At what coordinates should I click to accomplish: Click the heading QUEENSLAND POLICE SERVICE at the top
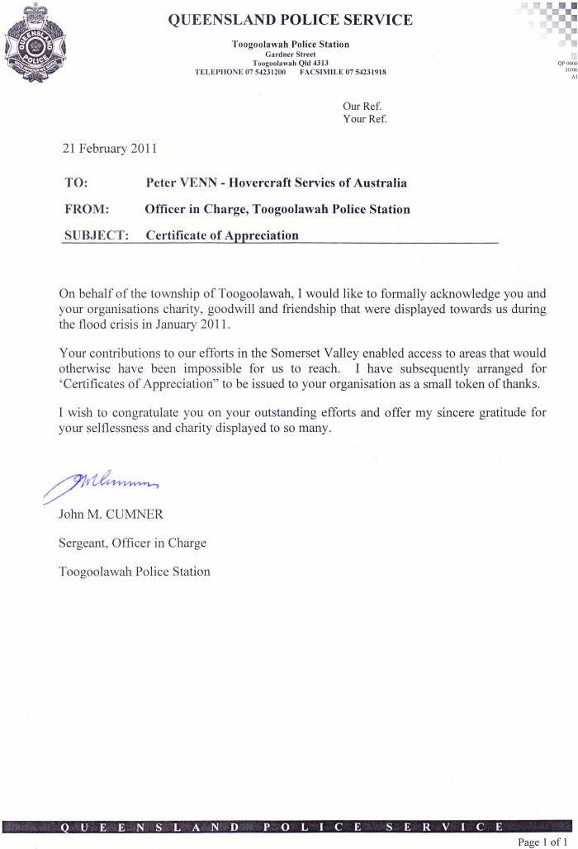(290, 21)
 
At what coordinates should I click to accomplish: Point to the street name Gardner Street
(290, 54)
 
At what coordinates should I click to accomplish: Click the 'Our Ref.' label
(362, 106)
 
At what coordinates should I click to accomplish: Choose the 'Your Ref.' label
(364, 119)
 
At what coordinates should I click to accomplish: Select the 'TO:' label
(76, 183)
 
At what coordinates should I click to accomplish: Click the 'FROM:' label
(86, 209)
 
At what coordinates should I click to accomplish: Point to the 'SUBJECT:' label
(96, 235)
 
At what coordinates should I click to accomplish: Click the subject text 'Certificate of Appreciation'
(222, 235)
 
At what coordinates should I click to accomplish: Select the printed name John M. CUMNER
(111, 514)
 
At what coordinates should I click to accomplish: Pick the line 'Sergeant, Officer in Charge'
(132, 543)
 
